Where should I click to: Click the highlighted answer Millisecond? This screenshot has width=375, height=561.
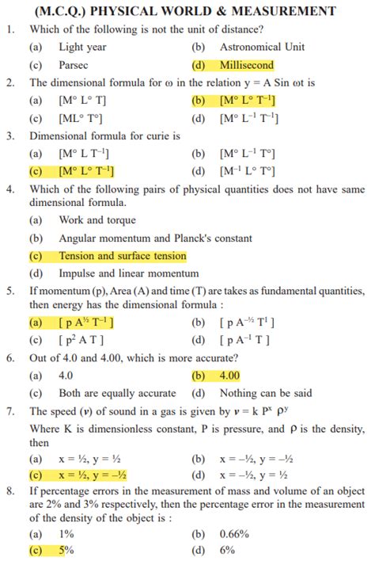(x=246, y=65)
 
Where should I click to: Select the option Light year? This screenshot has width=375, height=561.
(x=82, y=48)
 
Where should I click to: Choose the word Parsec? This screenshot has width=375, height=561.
(x=74, y=65)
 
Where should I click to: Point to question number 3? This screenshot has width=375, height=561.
(x=10, y=135)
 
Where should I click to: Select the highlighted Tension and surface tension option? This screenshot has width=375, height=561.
(x=122, y=256)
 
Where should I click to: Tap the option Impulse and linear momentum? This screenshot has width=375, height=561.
(x=129, y=273)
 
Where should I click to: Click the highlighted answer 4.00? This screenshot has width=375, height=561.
(x=229, y=376)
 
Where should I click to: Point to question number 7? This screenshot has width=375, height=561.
(x=10, y=411)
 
